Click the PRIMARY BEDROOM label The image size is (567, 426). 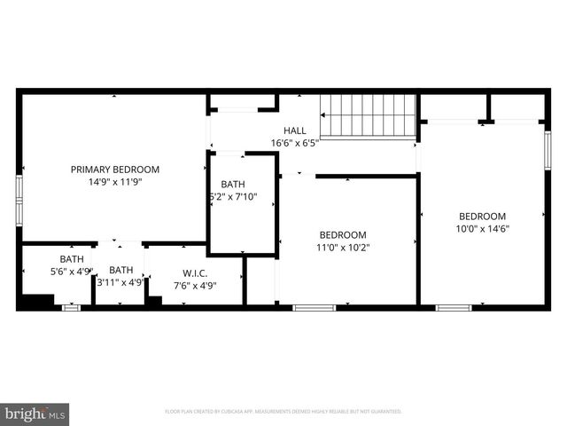coord(115,170)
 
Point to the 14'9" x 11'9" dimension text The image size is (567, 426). coord(115,182)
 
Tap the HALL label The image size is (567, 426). coord(295,130)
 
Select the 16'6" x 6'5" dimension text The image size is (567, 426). coord(295,143)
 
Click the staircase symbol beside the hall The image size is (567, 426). coord(368,114)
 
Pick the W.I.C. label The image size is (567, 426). coord(195,272)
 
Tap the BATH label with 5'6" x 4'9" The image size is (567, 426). coord(72,259)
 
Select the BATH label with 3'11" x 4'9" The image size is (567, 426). coord(121,271)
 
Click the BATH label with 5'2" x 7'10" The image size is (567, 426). coord(233,185)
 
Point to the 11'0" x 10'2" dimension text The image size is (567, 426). coord(343,248)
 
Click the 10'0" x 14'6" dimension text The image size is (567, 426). coord(482,229)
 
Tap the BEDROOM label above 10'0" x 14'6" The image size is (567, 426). coord(482,217)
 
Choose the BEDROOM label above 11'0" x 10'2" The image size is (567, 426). coord(343,235)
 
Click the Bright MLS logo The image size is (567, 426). coord(35,414)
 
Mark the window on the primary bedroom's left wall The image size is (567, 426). coord(19,201)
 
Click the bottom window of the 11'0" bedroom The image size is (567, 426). coord(315,308)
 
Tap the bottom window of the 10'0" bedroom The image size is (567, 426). coord(454,308)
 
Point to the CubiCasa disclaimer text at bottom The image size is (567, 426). coord(283,412)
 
